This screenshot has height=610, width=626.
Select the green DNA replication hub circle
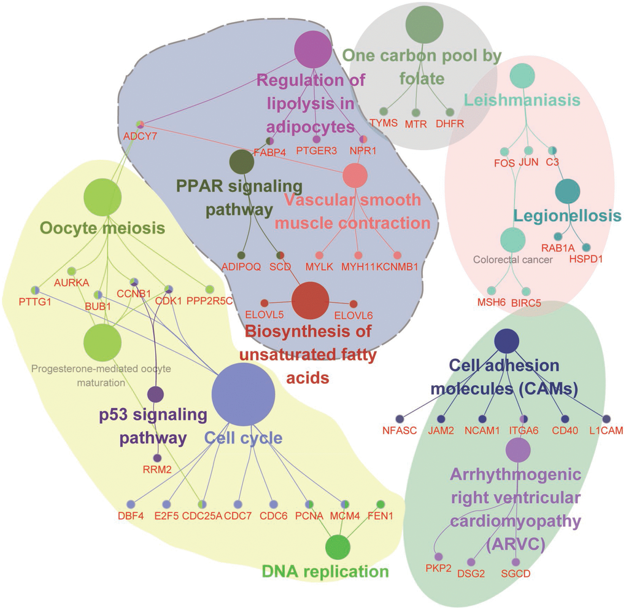pyautogui.click(x=337, y=547)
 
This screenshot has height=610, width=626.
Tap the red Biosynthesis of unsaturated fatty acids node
pyautogui.click(x=310, y=301)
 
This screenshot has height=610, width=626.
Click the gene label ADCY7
pyautogui.click(x=141, y=136)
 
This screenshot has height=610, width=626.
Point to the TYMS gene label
pyautogui.click(x=384, y=123)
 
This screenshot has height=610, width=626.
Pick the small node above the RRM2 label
pyautogui.click(x=157, y=458)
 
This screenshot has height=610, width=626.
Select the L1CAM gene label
pyautogui.click(x=606, y=430)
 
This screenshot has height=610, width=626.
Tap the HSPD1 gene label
pyautogui.click(x=586, y=259)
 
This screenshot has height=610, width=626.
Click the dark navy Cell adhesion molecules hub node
pyautogui.click(x=507, y=341)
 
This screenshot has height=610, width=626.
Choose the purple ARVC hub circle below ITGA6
pyautogui.click(x=518, y=450)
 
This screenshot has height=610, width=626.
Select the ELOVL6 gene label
pyautogui.click(x=353, y=315)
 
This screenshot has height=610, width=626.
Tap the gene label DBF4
pyautogui.click(x=131, y=515)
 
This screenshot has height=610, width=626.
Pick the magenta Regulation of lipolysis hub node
pyautogui.click(x=313, y=49)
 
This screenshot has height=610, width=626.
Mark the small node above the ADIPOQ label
pyautogui.click(x=242, y=255)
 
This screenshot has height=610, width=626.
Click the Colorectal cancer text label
pyautogui.click(x=513, y=260)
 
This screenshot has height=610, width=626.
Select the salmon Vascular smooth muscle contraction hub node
pyautogui.click(x=355, y=175)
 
